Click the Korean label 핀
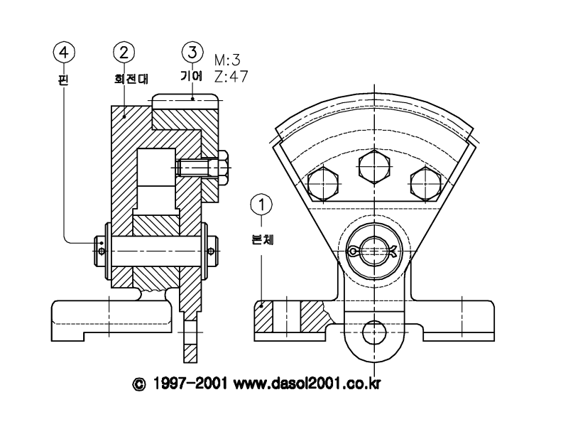pyautogui.click(x=63, y=80)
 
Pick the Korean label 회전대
pyautogui.click(x=131, y=79)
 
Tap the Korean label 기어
pyautogui.click(x=192, y=76)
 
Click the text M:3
pyautogui.click(x=227, y=60)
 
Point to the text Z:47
pyautogui.click(x=231, y=77)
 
